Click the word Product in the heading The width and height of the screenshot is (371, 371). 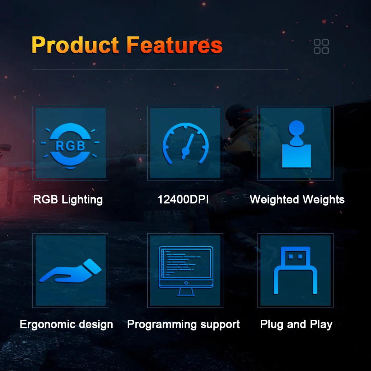pyautogui.click(x=75, y=45)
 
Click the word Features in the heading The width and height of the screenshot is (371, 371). pyautogui.click(x=175, y=45)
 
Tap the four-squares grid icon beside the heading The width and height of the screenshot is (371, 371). pyautogui.click(x=321, y=46)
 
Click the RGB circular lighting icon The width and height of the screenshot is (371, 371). pyautogui.click(x=70, y=146)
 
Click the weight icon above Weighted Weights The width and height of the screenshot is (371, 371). pyautogui.click(x=296, y=144)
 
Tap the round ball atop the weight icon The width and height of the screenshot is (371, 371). pyautogui.click(x=296, y=128)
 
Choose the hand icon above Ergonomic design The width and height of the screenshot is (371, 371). pyautogui.click(x=70, y=271)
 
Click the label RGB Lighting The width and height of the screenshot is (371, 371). pyautogui.click(x=68, y=199)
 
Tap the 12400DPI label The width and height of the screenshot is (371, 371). pyautogui.click(x=183, y=199)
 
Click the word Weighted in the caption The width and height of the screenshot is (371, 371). pyautogui.click(x=275, y=199)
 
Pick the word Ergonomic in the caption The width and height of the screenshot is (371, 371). pyautogui.click(x=47, y=324)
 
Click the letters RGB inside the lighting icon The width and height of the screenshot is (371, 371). pyautogui.click(x=70, y=146)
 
